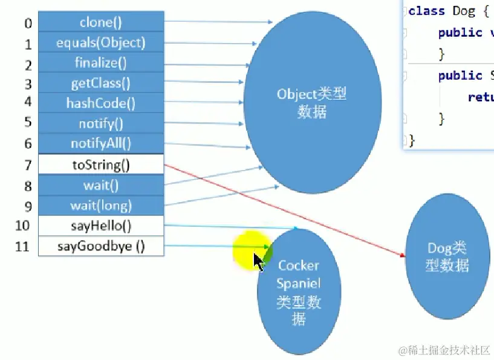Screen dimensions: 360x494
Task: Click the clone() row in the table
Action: pyautogui.click(x=101, y=23)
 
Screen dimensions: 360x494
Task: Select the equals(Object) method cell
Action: pyautogui.click(x=101, y=43)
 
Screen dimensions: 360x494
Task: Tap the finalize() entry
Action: pyautogui.click(x=101, y=63)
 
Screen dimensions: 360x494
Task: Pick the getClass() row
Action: pyautogui.click(x=101, y=83)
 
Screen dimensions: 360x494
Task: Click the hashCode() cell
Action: pyautogui.click(x=101, y=103)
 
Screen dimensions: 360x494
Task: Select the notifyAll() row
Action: pyautogui.click(x=101, y=143)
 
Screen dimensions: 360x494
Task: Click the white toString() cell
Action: pyautogui.click(x=101, y=164)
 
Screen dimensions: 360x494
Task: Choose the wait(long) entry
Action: pyautogui.click(x=101, y=206)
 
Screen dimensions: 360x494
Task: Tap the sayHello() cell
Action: pyautogui.click(x=101, y=226)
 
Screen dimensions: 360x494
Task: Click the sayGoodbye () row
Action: pyautogui.click(x=101, y=246)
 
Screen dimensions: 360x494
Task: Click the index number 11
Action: pyautogui.click(x=23, y=247)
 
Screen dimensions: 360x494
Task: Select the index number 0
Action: pyautogui.click(x=28, y=24)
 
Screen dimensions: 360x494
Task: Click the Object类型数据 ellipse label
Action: pyautogui.click(x=311, y=103)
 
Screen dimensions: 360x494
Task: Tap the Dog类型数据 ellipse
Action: pyautogui.click(x=447, y=257)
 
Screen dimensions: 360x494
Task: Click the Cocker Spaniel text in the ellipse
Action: pyautogui.click(x=298, y=274)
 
